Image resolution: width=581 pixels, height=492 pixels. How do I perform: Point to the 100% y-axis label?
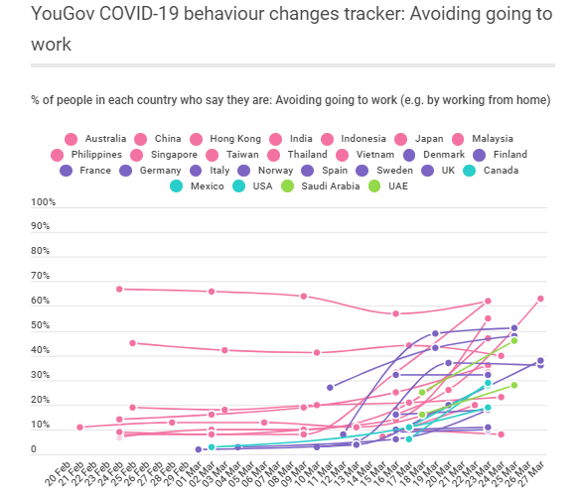click(44, 202)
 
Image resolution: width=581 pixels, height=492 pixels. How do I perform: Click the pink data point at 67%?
click(119, 289)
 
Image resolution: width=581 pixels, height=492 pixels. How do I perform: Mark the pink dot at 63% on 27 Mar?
click(540, 299)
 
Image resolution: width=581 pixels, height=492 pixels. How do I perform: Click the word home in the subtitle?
click(529, 100)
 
